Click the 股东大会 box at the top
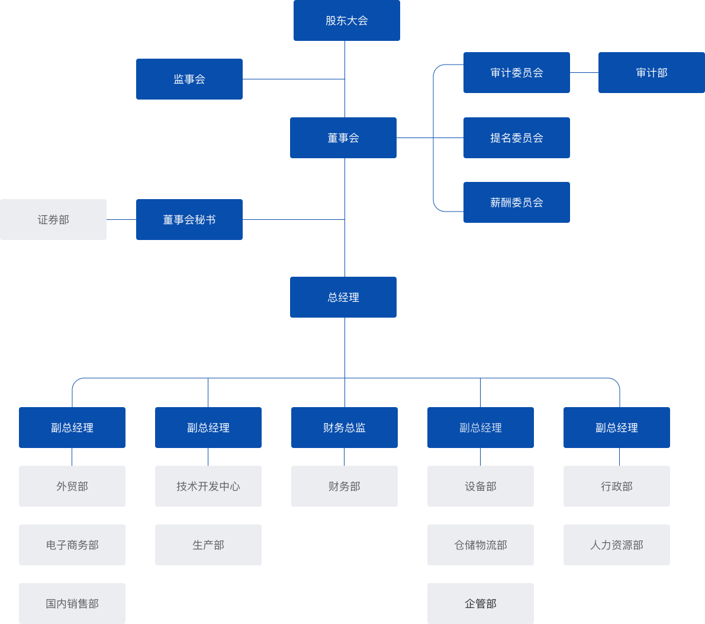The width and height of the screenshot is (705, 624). [x=346, y=21]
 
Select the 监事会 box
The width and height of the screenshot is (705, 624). [x=189, y=79]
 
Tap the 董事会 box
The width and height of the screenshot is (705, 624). [x=343, y=137]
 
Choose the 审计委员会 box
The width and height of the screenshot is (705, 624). [x=516, y=72]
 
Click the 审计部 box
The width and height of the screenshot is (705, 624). [x=651, y=72]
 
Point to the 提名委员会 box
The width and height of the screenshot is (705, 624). [x=516, y=137]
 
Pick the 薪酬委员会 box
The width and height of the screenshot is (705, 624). [x=516, y=202]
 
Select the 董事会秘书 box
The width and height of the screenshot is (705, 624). [x=189, y=219]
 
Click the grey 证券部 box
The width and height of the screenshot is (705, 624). [x=53, y=219]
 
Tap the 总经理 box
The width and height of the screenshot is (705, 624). [x=343, y=297]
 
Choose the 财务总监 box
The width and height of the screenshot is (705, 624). [x=344, y=427]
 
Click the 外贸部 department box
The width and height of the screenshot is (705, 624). [x=72, y=486]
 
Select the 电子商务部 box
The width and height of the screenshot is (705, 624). [x=72, y=545]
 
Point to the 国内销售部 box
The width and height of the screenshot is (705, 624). [x=72, y=603]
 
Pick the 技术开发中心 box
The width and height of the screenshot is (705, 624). [x=208, y=486]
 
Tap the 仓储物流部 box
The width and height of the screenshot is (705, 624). [x=480, y=545]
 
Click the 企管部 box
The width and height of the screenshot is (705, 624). [x=480, y=603]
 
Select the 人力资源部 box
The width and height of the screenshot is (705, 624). [x=616, y=545]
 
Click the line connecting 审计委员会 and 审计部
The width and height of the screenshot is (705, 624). [x=584, y=73]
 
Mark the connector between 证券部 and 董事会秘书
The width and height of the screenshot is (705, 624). [x=121, y=219]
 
